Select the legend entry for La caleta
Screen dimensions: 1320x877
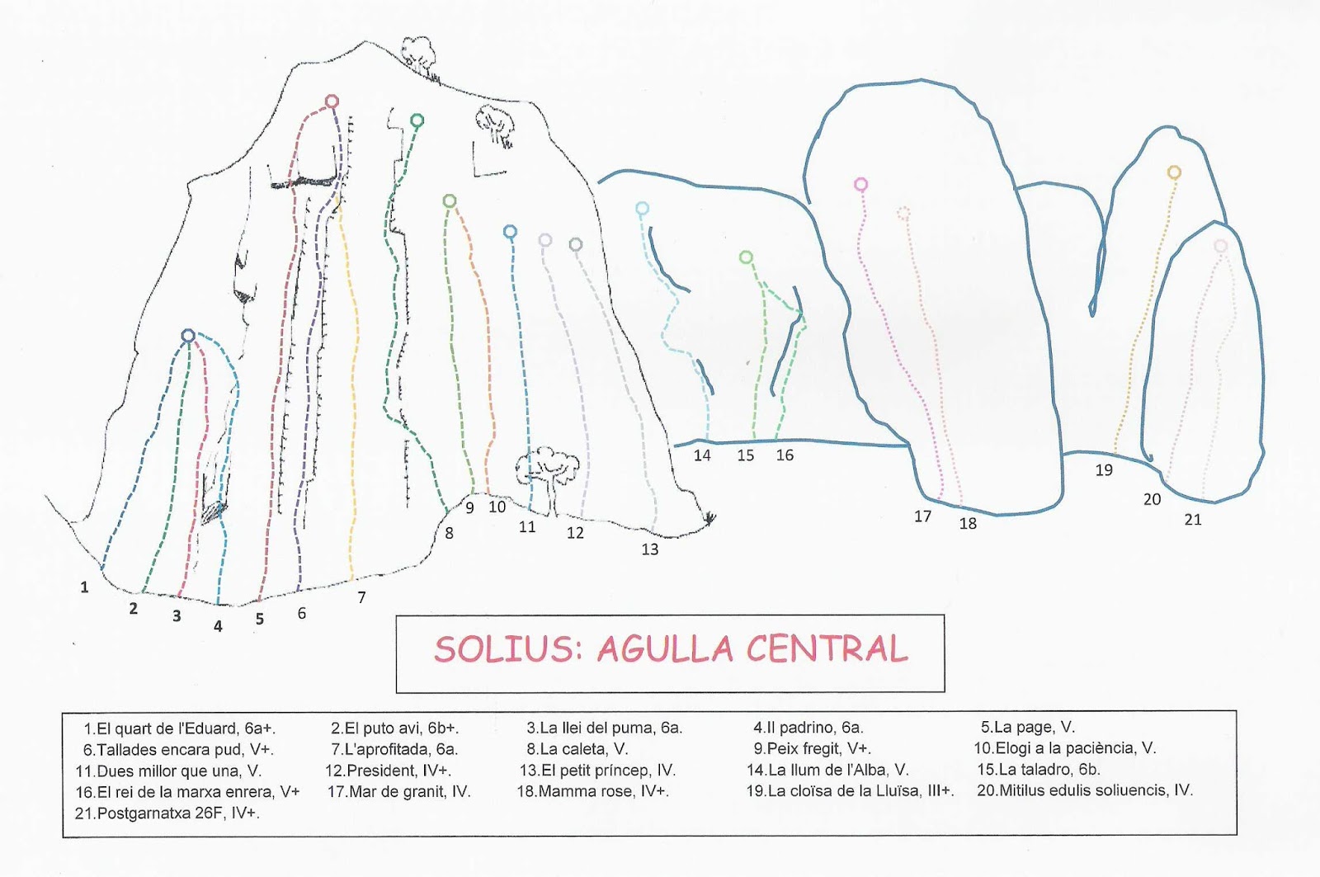[x=577, y=749]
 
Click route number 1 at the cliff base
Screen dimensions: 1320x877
[x=84, y=587]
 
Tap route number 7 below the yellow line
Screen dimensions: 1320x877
[x=361, y=597]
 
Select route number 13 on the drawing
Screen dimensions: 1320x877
[x=650, y=549]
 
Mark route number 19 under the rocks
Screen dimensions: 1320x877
[x=1104, y=470]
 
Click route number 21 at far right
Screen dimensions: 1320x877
[x=1193, y=520]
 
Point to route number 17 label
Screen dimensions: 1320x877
[x=922, y=516]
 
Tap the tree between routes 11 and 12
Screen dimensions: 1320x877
[x=544, y=470]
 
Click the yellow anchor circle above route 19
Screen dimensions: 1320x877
[x=1174, y=172]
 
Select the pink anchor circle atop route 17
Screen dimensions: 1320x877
[x=860, y=184]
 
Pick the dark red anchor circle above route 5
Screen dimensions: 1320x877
[x=332, y=101]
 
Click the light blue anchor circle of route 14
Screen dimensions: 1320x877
[x=642, y=209]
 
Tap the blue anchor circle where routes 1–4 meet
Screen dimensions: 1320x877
[x=188, y=336]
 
